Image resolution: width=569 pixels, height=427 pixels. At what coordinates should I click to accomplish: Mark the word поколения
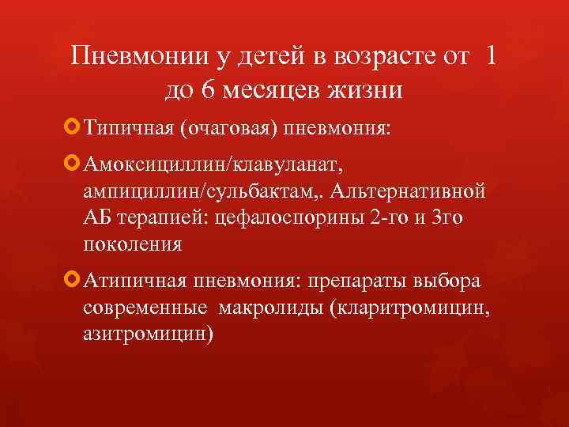click(x=132, y=244)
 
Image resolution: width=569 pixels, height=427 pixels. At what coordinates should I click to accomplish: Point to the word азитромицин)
click(x=148, y=334)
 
